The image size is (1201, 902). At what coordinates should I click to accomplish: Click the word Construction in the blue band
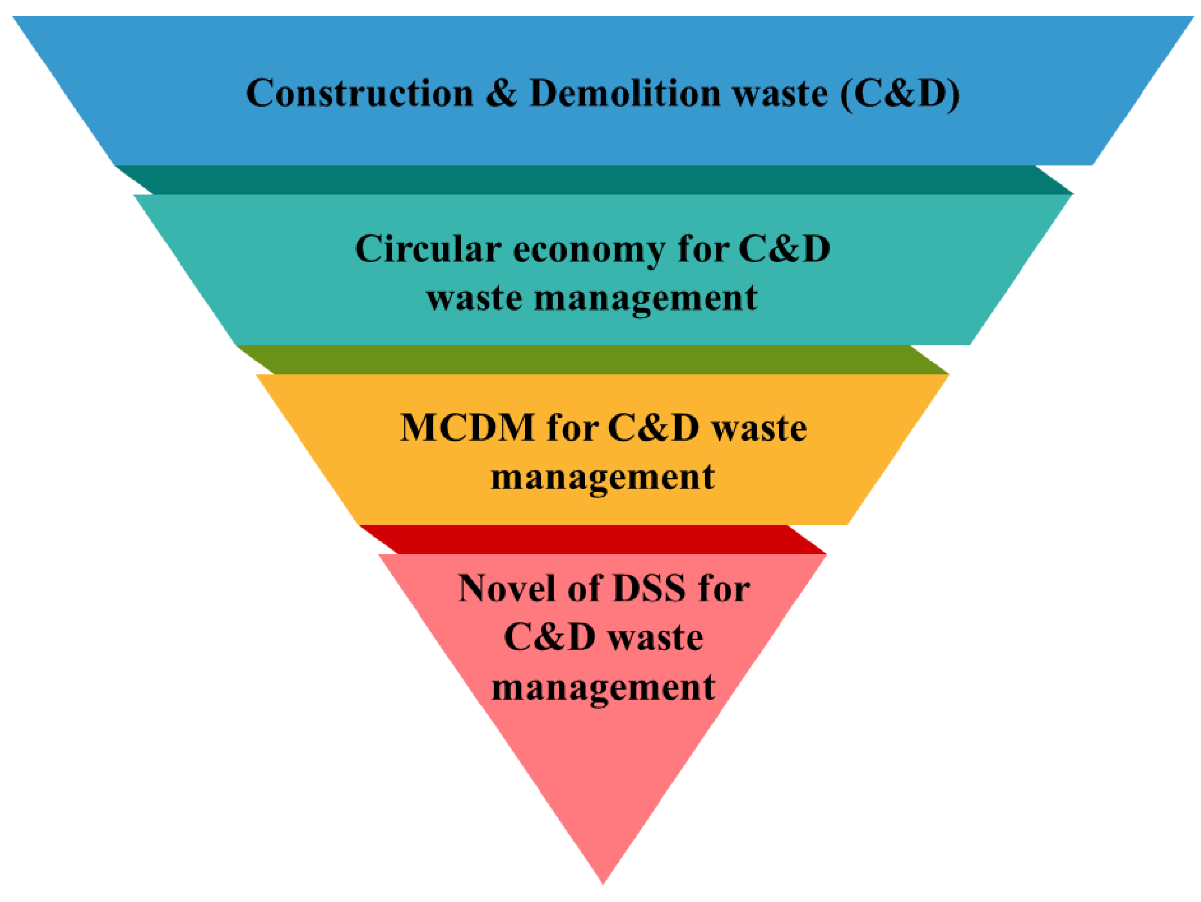[x=360, y=93]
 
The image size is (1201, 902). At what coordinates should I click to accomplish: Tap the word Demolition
[x=624, y=93]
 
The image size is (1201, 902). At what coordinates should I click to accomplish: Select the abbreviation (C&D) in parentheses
[x=900, y=93]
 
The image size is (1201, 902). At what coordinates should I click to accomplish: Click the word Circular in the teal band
[x=428, y=250]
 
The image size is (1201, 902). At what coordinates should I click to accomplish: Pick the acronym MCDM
[x=467, y=428]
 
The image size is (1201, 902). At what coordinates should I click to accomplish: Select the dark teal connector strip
[x=595, y=180]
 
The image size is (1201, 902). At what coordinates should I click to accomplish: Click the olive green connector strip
[x=592, y=360]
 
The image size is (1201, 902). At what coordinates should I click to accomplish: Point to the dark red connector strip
[x=592, y=539]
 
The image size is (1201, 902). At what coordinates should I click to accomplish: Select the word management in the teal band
[x=646, y=299]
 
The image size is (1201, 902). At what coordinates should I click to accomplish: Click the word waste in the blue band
[x=780, y=93]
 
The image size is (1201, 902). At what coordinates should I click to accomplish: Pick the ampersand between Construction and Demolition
[x=501, y=93]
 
